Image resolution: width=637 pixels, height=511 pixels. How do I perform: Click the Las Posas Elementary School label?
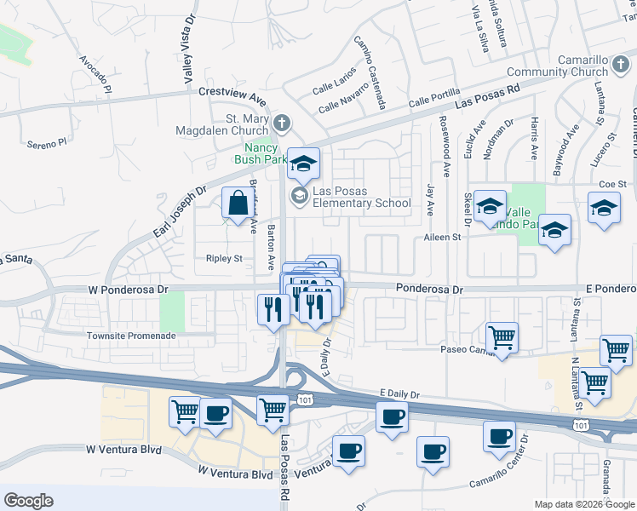click(350, 197)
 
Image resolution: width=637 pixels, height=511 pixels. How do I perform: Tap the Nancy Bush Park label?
click(261, 152)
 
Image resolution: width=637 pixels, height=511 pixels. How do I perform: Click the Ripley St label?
click(224, 258)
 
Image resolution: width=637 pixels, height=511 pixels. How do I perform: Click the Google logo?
click(29, 501)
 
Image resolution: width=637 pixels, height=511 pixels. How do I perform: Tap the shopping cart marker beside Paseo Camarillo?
click(502, 337)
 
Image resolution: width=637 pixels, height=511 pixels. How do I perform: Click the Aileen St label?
click(442, 238)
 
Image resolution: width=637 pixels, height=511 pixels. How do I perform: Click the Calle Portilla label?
click(433, 98)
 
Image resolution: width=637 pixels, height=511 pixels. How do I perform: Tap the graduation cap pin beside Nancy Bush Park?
click(303, 164)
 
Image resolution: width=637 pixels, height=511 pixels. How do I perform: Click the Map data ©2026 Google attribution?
click(585, 504)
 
